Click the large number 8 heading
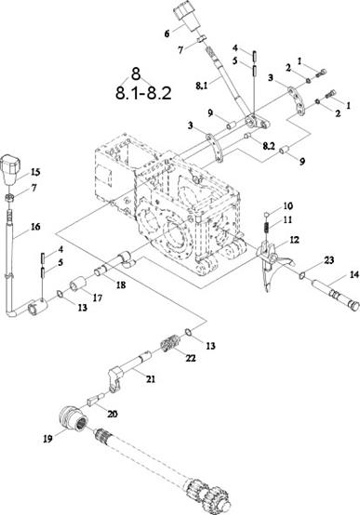coord(136,74)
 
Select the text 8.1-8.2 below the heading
coord(143,93)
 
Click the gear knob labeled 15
coord(11,168)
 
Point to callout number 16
coord(35,227)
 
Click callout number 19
coord(47,439)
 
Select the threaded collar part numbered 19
coord(75,418)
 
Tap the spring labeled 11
coord(267,227)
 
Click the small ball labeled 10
coord(267,215)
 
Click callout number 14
coord(353,274)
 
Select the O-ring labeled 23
coord(301,276)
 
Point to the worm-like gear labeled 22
coord(170,345)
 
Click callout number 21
coord(151,379)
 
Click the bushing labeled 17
coord(78,284)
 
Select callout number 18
coord(121,284)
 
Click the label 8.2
coord(268,146)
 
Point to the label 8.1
coord(201,86)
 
